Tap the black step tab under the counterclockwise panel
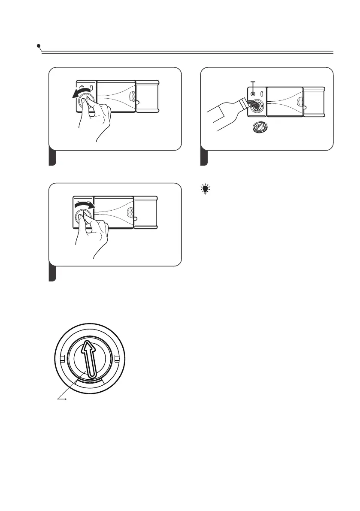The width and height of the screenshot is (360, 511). pos(52,157)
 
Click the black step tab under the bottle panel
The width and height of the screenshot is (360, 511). pos(204,157)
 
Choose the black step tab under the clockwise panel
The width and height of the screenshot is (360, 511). pos(52,274)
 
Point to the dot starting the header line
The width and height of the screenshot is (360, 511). pos(39,45)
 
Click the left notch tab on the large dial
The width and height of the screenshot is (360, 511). pos(62,357)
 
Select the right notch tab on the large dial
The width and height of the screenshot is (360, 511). pos(116,357)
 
